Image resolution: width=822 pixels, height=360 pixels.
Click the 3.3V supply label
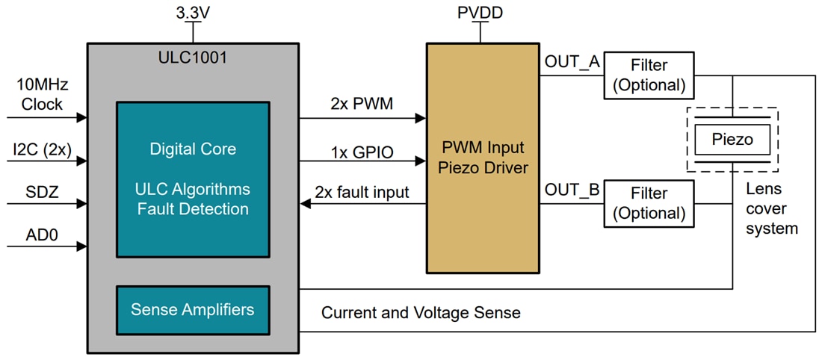point(193,13)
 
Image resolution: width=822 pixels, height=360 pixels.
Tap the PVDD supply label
point(480,13)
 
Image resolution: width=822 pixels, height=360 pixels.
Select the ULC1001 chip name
point(193,57)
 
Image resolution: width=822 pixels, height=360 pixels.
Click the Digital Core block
point(193,179)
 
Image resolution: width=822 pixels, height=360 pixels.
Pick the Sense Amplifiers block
point(193,309)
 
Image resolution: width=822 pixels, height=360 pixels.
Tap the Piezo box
point(732,139)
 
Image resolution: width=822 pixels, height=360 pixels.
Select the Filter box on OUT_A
point(649,75)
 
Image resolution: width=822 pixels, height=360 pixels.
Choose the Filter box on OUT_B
point(649,203)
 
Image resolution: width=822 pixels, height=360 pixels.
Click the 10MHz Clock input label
point(42,95)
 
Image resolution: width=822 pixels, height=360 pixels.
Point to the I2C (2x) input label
point(42,149)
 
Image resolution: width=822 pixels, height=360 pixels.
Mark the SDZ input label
point(42,192)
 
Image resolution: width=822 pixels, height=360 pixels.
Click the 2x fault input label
point(362,192)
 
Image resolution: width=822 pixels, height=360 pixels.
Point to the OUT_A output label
point(572,62)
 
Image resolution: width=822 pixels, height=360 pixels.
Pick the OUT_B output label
point(572,190)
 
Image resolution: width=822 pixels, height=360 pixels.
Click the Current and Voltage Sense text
point(421,313)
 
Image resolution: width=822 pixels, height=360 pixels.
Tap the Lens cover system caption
point(771,209)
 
